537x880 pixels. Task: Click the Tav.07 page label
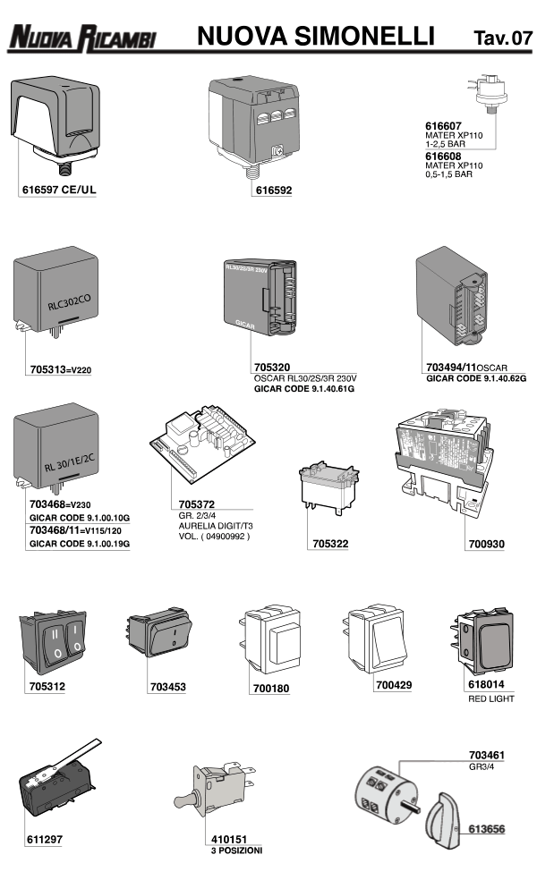[x=502, y=38]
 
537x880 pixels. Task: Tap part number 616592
[x=273, y=190]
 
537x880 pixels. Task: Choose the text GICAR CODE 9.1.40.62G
[x=475, y=379]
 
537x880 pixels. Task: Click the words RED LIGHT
[x=490, y=698]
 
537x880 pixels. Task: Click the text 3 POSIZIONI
[x=236, y=850]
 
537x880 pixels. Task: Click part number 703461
[x=487, y=755]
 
